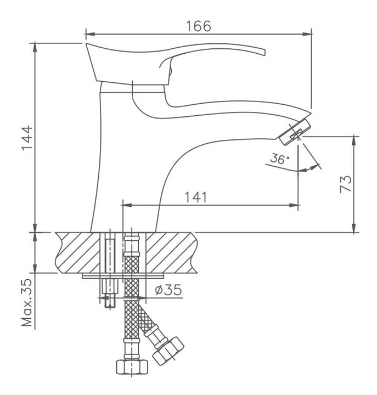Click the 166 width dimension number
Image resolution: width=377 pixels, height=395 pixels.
tap(198, 26)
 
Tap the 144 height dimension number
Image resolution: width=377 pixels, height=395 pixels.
tap(27, 138)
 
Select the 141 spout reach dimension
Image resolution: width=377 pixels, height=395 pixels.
tap(196, 198)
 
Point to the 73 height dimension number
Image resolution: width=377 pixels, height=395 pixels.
tap(346, 184)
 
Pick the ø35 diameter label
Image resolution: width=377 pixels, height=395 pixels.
tap(168, 290)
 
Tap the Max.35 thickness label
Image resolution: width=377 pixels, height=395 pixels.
tap(27, 302)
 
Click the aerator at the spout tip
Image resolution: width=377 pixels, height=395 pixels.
tap(295, 132)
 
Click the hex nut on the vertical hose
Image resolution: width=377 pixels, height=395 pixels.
tap(132, 367)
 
